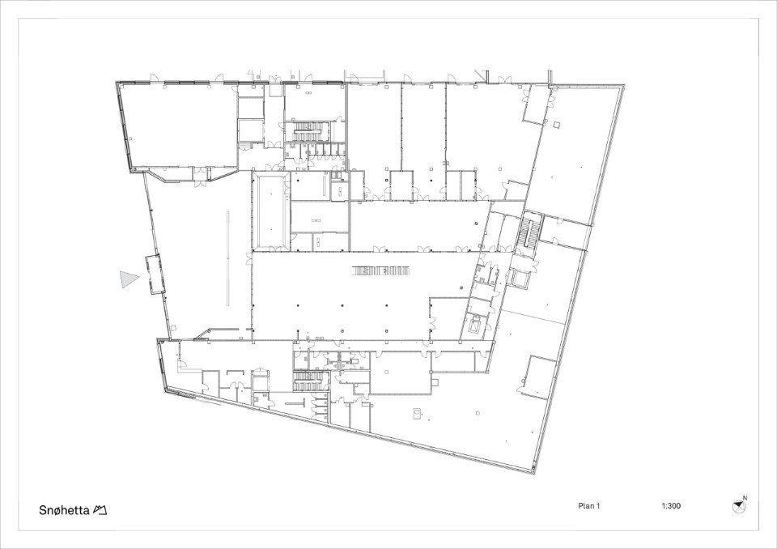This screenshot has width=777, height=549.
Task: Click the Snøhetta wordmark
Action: pos(63,510)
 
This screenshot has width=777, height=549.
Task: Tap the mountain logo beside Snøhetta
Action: pos(100,510)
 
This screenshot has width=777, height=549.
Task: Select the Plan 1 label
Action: pos(588,506)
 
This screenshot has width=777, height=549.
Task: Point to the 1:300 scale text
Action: pos(671,506)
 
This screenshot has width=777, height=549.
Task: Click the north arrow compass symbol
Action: pos(738,506)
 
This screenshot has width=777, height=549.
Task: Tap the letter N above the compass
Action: pos(745,498)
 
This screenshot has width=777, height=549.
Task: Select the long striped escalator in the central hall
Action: pos(380,270)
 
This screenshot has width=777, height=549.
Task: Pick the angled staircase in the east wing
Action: pos(529,232)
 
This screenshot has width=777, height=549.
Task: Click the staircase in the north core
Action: pos(308,131)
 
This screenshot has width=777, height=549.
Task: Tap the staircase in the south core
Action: pos(308,381)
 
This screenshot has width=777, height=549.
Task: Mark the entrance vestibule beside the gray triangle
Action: pos(154,274)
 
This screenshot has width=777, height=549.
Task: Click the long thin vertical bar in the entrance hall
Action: pos(228,257)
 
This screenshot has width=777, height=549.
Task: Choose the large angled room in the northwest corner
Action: pos(176,126)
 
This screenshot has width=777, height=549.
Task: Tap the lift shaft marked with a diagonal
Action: pos(477,326)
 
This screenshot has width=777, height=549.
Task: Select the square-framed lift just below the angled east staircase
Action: pos(521,279)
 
